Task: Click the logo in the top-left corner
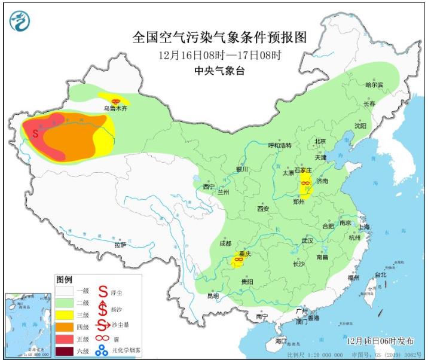coord(20,22)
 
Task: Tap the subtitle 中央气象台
coord(219,71)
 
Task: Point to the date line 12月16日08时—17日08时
coord(219,55)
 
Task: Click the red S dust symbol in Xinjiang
coord(35,133)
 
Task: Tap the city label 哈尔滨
coord(374,85)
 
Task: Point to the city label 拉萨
coord(120,245)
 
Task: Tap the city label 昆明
coord(213,295)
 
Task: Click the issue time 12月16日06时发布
coord(380,340)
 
